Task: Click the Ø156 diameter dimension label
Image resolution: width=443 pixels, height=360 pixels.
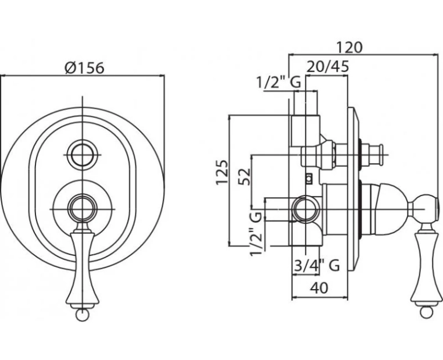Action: click(x=84, y=68)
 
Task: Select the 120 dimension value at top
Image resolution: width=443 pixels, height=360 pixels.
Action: click(x=349, y=48)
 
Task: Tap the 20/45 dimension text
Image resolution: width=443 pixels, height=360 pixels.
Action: click(x=327, y=67)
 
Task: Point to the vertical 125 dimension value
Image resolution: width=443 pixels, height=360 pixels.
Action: click(x=222, y=173)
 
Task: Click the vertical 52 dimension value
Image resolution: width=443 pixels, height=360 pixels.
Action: click(x=244, y=177)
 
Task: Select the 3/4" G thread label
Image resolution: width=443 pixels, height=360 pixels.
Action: click(x=316, y=265)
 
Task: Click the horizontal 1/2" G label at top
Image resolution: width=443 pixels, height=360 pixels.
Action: click(x=278, y=83)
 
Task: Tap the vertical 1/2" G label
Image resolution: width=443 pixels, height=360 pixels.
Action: click(x=256, y=234)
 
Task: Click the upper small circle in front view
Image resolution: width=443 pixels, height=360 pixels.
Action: click(x=82, y=155)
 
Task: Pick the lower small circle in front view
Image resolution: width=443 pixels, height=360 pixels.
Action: click(x=82, y=209)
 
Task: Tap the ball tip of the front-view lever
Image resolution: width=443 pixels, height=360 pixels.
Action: click(x=82, y=315)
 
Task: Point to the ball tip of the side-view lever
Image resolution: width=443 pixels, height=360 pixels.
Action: click(x=426, y=312)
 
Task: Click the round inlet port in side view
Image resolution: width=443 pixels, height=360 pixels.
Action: click(x=306, y=209)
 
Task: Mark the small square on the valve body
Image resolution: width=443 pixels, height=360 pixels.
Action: click(x=310, y=179)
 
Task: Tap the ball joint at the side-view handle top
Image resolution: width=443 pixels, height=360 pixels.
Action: click(x=424, y=209)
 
